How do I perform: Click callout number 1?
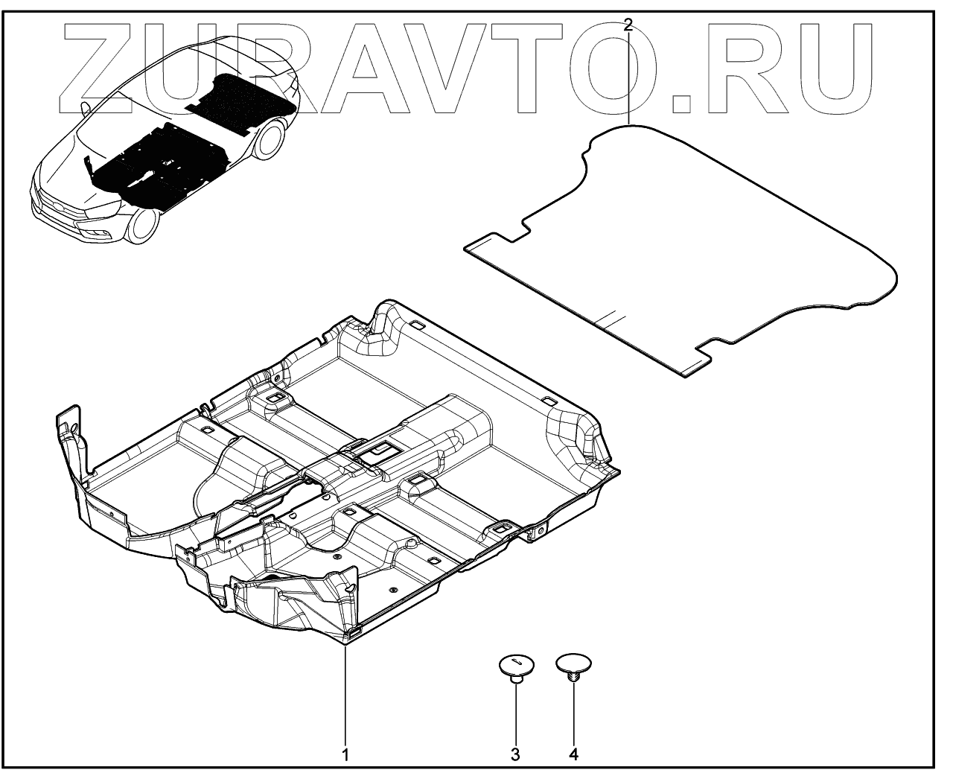point(345,754)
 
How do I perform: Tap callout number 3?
point(514,754)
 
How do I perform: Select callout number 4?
point(573,754)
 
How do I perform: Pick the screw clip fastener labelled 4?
point(573,665)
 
